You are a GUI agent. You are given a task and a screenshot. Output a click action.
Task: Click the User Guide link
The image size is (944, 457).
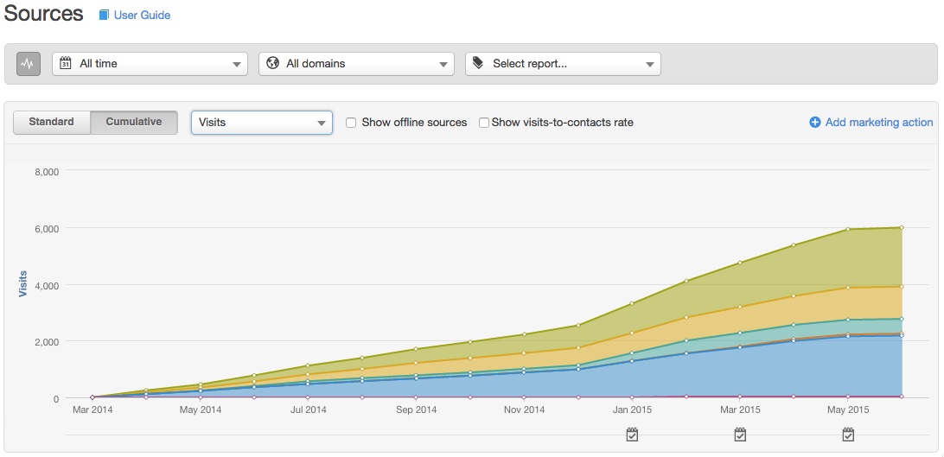[142, 16]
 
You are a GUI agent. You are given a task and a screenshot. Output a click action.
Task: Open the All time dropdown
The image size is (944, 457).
[150, 64]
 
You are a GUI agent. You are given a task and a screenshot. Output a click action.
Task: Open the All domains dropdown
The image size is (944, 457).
[356, 64]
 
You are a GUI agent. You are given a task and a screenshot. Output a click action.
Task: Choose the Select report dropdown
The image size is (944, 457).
[563, 64]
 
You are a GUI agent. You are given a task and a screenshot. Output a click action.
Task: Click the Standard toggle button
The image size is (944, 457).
[52, 123]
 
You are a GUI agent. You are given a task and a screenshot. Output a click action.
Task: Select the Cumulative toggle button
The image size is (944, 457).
[134, 123]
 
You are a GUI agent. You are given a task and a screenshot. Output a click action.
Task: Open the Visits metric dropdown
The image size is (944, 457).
[261, 123]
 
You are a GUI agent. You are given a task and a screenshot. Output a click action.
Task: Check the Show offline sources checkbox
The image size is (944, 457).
[351, 123]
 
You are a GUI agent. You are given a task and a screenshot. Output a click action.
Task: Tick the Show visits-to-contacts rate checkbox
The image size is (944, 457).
[484, 123]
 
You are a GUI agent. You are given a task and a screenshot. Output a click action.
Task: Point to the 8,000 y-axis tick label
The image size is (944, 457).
[46, 172]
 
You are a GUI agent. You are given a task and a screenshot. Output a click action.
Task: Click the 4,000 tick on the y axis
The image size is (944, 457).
[46, 285]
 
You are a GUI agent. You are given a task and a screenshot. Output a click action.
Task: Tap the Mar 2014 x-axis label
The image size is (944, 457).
[92, 410]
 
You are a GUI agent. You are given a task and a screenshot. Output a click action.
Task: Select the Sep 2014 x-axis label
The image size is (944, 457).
[416, 410]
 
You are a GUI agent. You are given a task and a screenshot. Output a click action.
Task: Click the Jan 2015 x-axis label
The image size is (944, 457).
[632, 410]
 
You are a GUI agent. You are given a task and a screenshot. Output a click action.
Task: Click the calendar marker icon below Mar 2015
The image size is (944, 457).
[740, 435]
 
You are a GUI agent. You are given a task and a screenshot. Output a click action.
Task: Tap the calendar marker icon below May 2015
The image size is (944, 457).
[848, 435]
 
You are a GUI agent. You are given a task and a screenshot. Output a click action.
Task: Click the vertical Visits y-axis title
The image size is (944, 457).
[23, 285]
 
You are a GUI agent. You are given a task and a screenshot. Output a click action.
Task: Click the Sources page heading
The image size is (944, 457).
[44, 15]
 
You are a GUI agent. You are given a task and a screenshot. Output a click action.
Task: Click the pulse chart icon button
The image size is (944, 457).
[29, 64]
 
